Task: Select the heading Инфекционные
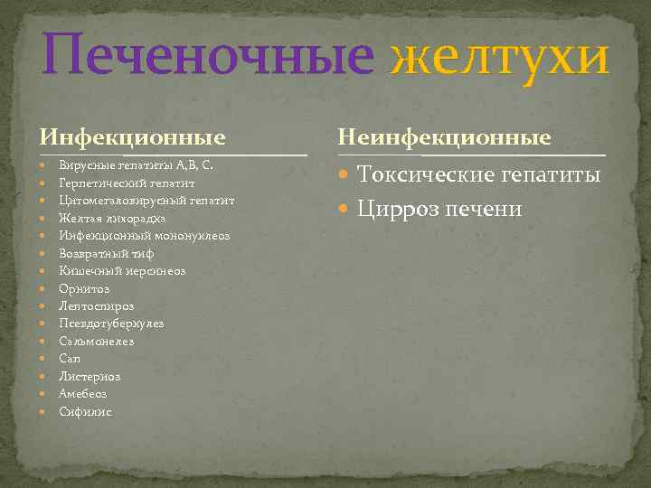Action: (132, 137)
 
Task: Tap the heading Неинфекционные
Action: (444, 137)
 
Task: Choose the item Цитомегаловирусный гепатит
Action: (146, 201)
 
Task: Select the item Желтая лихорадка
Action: (112, 218)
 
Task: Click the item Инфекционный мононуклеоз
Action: (145, 235)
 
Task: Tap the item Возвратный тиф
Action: (106, 253)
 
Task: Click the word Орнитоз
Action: (84, 288)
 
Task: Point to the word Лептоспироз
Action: (96, 305)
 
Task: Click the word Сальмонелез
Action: (96, 342)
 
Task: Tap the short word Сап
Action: (70, 359)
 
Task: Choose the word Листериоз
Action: (90, 377)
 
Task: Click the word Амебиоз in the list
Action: (83, 394)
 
